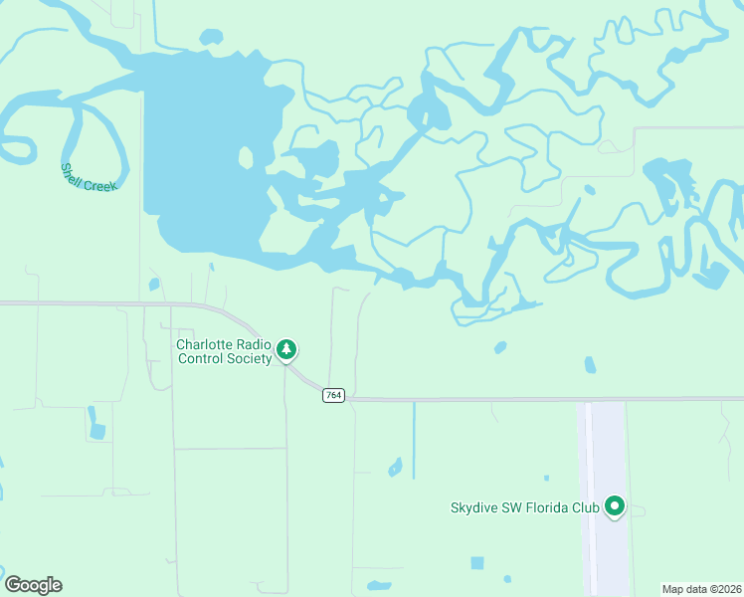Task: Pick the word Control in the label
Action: pos(201,359)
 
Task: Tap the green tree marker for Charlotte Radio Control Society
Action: pos(286,349)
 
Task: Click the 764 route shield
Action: pos(333,396)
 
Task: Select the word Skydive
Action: pos(476,507)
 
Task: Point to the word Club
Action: pos(586,507)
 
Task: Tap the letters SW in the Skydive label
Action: pos(514,507)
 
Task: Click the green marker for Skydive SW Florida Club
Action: pos(615,507)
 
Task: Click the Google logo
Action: pos(33,585)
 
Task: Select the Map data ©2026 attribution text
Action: pos(702,589)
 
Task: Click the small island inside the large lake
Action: pos(245,157)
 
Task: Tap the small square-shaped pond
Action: pos(477,563)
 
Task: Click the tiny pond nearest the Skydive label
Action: pos(546,479)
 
